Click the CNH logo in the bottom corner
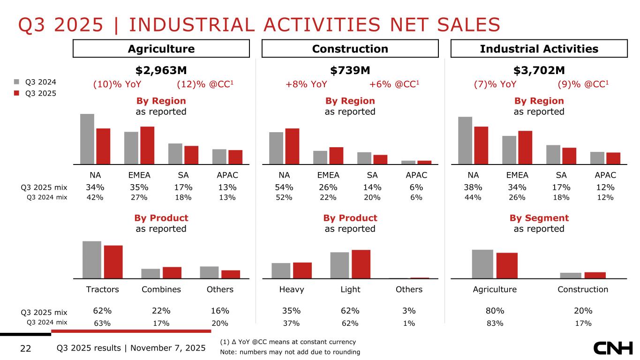click(x=613, y=348)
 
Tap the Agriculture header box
click(x=161, y=49)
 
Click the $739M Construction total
click(x=350, y=70)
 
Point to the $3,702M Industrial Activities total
click(x=539, y=70)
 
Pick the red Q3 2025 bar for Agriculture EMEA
click(x=147, y=145)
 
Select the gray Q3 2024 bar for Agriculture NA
click(x=87, y=139)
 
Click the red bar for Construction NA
click(x=292, y=146)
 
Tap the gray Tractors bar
click(x=92, y=260)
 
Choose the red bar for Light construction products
click(x=361, y=264)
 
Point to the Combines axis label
click(x=161, y=289)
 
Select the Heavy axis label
click(x=292, y=289)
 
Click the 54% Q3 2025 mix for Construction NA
click(x=284, y=187)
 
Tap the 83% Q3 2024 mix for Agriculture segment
click(x=495, y=323)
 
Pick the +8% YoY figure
click(x=306, y=84)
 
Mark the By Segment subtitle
click(x=539, y=218)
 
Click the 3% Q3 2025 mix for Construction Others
click(x=409, y=311)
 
